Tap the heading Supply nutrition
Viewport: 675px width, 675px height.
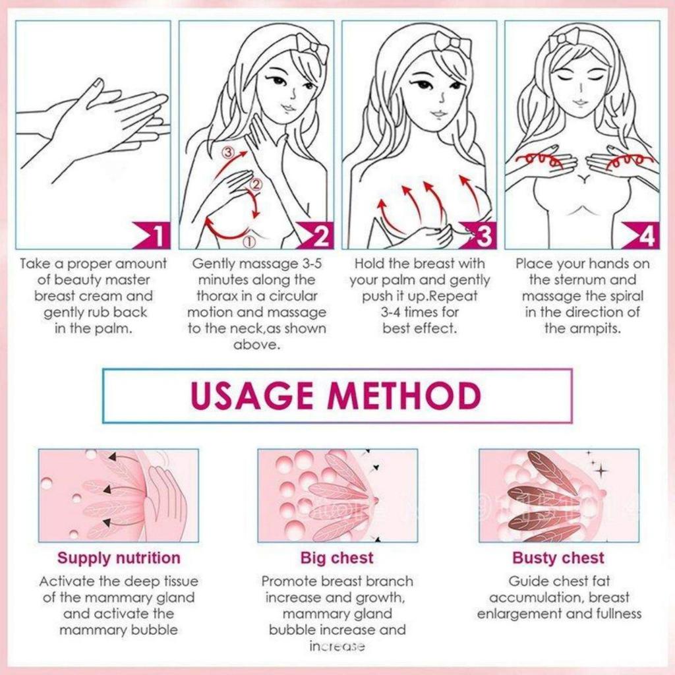pos(119,558)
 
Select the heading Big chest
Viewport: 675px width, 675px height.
pos(337,558)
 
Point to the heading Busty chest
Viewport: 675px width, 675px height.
pos(558,558)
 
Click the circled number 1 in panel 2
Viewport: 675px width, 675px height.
pos(249,242)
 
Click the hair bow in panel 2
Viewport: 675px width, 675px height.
pos(311,46)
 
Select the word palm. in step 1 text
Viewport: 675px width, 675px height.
pos(111,328)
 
